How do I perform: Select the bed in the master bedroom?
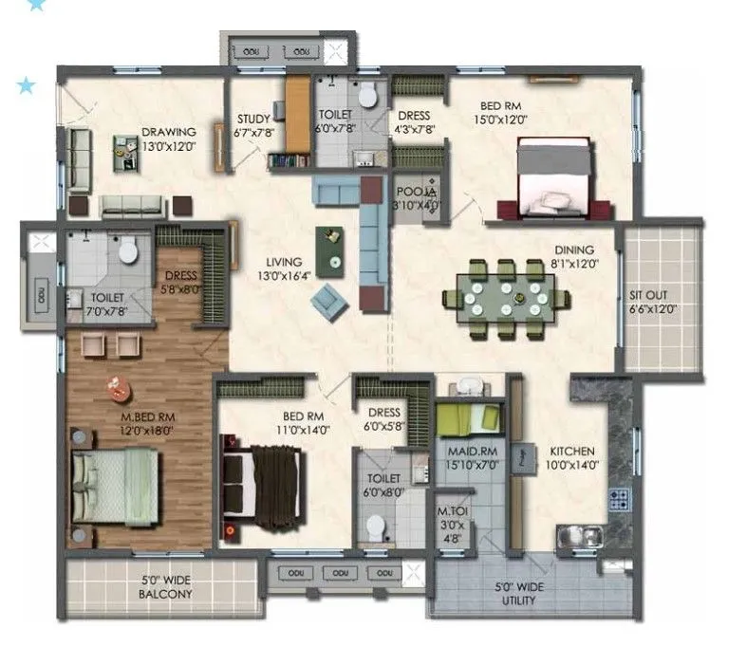click(114, 483)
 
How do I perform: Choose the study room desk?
click(297, 115)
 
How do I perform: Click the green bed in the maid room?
click(468, 417)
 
